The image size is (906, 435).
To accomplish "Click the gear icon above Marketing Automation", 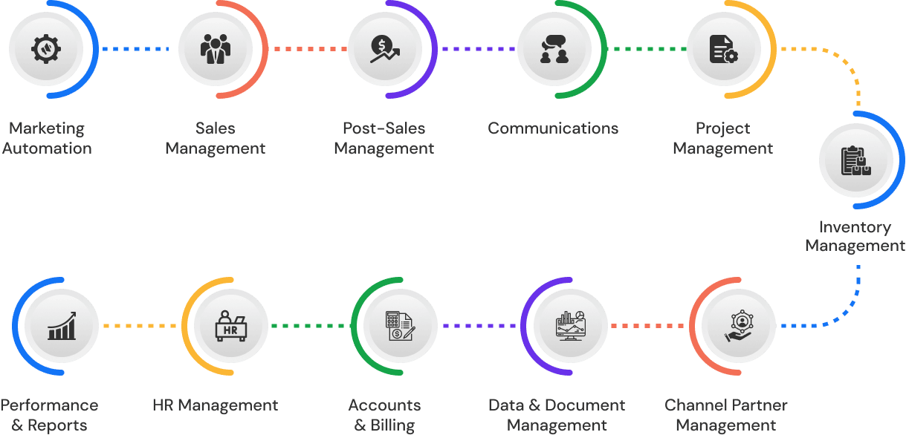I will (47, 50).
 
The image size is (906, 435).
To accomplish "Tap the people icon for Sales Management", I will (216, 50).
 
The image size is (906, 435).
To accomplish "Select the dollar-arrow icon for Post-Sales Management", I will (385, 50).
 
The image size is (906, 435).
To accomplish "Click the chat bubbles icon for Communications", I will (554, 50).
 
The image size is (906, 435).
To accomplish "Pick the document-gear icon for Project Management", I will (723, 50).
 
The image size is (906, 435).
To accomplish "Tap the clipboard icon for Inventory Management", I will (856, 160).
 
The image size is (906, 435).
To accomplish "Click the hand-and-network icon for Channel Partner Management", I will (741, 326).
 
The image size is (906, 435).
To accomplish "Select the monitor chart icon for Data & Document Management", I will (572, 326).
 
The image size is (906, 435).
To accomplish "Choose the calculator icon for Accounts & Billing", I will (402, 326).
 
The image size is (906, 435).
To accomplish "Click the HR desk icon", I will (231, 326).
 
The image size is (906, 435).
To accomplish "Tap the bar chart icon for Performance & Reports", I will (62, 326).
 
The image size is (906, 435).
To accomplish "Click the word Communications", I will (553, 128).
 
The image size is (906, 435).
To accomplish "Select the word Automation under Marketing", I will (47, 148).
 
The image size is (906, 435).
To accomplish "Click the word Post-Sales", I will (384, 128).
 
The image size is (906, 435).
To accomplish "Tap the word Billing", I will (392, 425).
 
